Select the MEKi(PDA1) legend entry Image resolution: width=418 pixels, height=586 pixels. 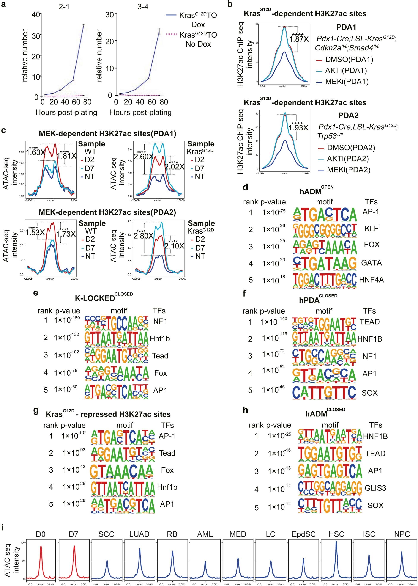(x=346, y=82)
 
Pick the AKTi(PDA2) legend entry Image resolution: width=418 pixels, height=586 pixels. (x=347, y=159)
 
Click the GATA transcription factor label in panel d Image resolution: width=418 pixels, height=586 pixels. (x=371, y=263)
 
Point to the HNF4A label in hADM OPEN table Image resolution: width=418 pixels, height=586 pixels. (x=371, y=280)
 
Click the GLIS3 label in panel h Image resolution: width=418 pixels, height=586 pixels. (x=375, y=488)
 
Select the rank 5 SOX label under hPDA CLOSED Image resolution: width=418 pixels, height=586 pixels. (x=369, y=393)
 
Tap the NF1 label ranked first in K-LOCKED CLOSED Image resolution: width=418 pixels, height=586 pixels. (x=160, y=321)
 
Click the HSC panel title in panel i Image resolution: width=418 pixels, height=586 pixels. (x=336, y=534)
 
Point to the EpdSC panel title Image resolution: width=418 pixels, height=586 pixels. (x=303, y=534)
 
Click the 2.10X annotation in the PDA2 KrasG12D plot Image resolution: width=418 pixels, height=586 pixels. (x=174, y=246)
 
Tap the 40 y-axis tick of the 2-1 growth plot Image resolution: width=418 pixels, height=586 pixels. (x=36, y=15)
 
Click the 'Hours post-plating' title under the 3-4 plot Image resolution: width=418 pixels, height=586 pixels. (x=140, y=112)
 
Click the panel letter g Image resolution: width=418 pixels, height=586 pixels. (x=36, y=410)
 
